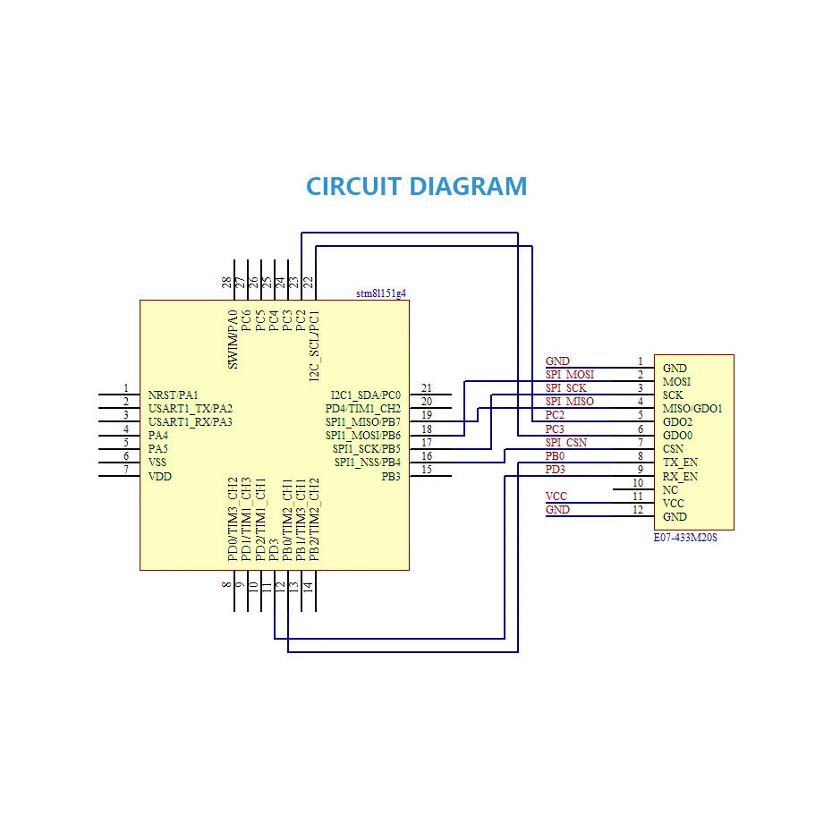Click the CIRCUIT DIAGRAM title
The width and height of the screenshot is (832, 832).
pos(417,186)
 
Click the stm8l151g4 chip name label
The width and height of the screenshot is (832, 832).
pos(381,293)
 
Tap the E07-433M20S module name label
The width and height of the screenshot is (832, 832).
pos(685,538)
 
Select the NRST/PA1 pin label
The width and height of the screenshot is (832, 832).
pos(173,395)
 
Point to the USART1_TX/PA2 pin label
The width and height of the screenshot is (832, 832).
pos(191,409)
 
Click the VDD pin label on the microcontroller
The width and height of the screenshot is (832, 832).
pos(160,477)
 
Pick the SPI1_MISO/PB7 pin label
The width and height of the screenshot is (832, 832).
pos(363,422)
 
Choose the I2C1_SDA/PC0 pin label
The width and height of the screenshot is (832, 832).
pos(366,395)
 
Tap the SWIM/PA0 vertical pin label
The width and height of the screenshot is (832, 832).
pos(233,340)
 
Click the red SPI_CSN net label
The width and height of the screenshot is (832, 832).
pos(566,443)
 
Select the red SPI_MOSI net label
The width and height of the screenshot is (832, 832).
pos(570,375)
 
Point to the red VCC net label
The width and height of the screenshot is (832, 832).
pos(556,497)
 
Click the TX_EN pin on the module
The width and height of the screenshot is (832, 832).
pos(680,463)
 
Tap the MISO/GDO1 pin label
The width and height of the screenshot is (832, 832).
pos(692,409)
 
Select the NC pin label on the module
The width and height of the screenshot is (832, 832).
pos(670,489)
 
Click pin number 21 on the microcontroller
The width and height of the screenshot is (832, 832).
pos(427,388)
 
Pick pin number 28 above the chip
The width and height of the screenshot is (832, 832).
pos(227,283)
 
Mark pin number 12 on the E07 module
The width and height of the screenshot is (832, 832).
pos(638,509)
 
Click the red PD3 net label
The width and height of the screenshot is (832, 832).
pos(555,470)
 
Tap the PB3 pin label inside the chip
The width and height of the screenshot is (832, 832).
pos(391,477)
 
